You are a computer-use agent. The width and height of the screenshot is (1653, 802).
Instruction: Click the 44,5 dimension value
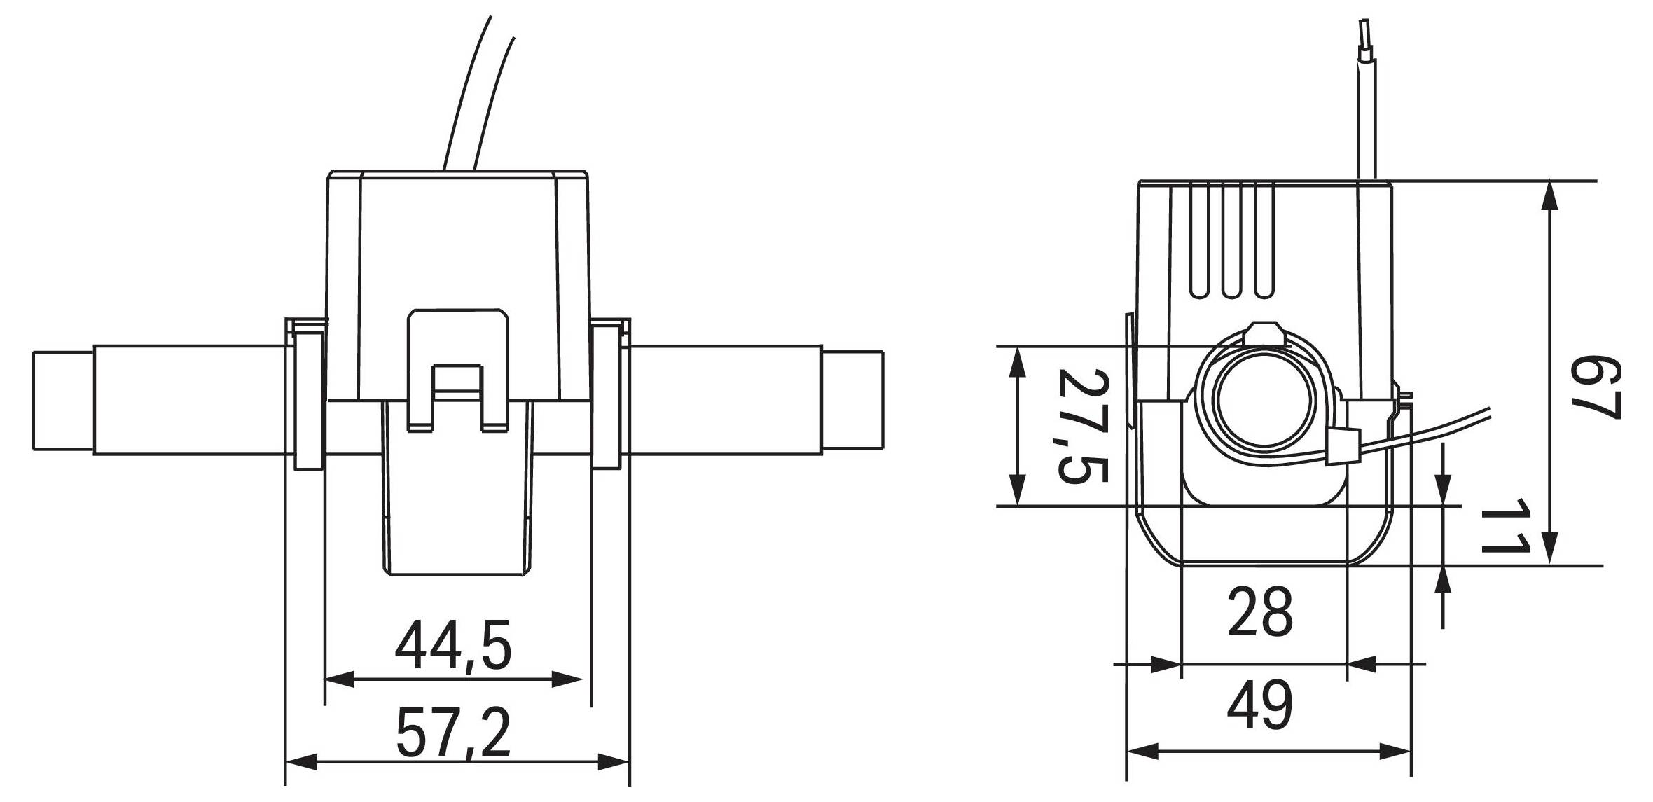pos(453,645)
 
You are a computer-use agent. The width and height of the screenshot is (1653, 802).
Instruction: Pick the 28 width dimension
pos(1260,611)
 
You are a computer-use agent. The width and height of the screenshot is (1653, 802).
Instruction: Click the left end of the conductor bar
pos(63,400)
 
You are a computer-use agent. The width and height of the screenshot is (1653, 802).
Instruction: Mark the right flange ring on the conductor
pos(606,399)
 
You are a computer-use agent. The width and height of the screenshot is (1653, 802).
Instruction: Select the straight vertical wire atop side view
pos(1365,112)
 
